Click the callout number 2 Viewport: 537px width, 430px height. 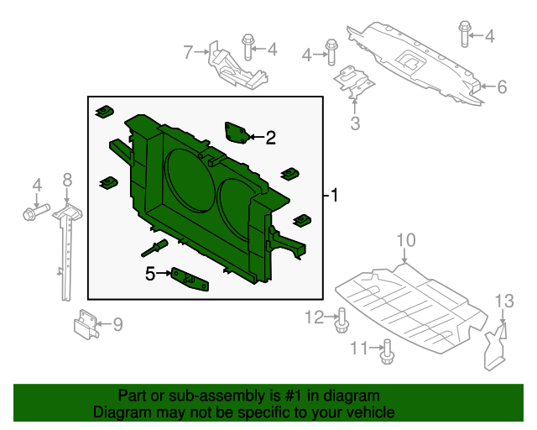[270, 138]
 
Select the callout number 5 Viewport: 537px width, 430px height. [151, 273]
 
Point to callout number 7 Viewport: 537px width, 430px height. [188, 52]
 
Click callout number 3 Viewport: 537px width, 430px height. [355, 125]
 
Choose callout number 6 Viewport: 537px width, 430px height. [502, 87]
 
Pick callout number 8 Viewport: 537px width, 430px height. [68, 179]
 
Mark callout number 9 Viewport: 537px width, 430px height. [117, 323]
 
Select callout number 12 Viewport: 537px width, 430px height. [314, 317]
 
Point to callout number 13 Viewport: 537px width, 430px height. [503, 300]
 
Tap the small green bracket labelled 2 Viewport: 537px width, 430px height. [236, 132]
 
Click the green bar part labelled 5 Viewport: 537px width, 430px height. [190, 279]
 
